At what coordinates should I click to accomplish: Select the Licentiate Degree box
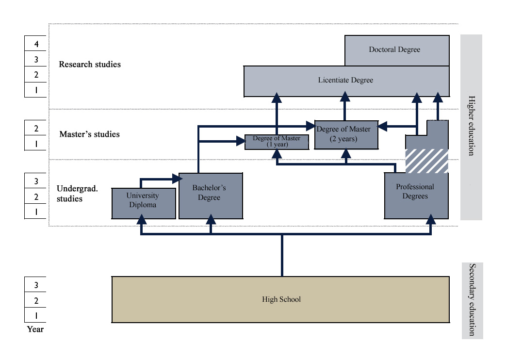tap(345, 81)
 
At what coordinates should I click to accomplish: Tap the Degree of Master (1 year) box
tap(277, 142)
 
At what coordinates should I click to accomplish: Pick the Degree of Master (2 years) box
tap(346, 134)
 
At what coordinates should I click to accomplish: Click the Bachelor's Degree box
tap(210, 195)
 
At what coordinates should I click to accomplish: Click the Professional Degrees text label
tap(415, 192)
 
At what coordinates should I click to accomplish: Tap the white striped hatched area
tap(426, 161)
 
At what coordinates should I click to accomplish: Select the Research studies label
tap(90, 64)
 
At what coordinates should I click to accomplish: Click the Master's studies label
tap(89, 134)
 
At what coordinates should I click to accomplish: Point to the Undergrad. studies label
tap(77, 193)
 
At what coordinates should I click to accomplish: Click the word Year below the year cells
tap(35, 329)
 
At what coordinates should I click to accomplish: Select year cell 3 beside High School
tap(36, 285)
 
